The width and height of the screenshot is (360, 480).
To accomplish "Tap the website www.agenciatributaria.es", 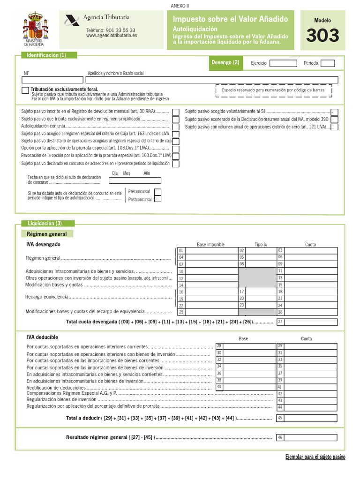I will (112, 35).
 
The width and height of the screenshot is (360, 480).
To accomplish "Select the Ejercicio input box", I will (283, 63).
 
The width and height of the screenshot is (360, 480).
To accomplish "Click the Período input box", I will (328, 63).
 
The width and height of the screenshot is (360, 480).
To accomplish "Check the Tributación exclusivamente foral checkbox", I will (25, 90).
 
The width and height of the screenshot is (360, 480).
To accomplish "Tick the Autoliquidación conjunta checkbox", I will (175, 127).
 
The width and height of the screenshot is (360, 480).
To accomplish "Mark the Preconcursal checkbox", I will (157, 192).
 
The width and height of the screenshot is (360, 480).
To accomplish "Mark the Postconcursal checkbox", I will (157, 199).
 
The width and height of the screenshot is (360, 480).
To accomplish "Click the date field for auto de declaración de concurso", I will (135, 180).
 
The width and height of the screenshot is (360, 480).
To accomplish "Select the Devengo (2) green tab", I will (225, 62).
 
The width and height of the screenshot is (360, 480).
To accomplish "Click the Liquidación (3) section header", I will (45, 223).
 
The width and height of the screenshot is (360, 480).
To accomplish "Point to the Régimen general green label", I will (47, 234).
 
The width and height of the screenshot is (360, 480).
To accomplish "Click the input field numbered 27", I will (311, 322).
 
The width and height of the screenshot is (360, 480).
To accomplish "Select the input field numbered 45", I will (311, 418).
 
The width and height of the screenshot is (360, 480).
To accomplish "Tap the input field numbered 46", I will (311, 437).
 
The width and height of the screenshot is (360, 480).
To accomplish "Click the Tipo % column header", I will (261, 245).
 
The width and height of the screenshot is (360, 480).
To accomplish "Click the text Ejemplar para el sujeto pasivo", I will (315, 457).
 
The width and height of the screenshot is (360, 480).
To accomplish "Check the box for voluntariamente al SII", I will (335, 112).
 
